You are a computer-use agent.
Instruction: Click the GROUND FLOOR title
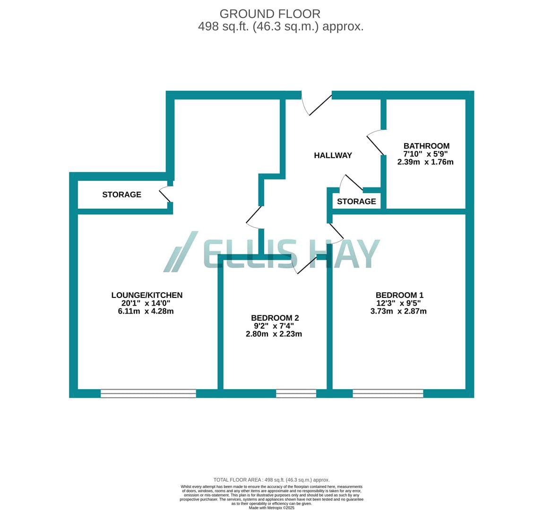270,14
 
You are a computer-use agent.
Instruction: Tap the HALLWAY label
333,155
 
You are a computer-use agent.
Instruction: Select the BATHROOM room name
426,146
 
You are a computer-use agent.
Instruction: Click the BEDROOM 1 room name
399,295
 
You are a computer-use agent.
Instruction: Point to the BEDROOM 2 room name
275,318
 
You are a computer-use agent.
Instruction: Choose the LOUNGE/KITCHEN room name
147,295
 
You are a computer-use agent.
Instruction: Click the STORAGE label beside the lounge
121,195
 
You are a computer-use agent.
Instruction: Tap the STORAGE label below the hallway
356,201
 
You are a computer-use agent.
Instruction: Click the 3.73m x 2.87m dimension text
398,311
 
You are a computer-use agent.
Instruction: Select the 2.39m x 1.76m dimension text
425,162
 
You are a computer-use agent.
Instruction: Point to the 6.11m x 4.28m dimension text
146,311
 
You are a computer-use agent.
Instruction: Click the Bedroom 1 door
336,231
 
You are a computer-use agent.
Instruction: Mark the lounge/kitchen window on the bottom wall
148,393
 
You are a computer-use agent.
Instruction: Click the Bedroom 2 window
296,393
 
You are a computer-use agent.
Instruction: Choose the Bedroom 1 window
388,393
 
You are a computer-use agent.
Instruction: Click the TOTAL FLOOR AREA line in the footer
271,480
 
